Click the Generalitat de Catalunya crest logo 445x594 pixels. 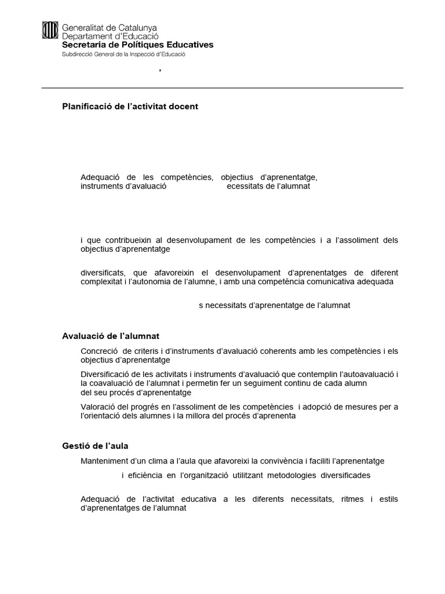point(50,31)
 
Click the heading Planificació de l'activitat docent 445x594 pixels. point(130,107)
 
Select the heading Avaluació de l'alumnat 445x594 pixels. point(110,336)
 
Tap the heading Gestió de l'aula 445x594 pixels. point(95,446)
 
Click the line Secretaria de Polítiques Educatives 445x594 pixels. point(137,45)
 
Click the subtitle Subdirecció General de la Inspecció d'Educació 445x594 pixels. point(123,54)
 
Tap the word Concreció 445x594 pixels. point(99,351)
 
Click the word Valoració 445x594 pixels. point(99,407)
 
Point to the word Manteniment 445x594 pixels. point(105,461)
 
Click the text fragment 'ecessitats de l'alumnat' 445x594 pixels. point(268,186)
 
